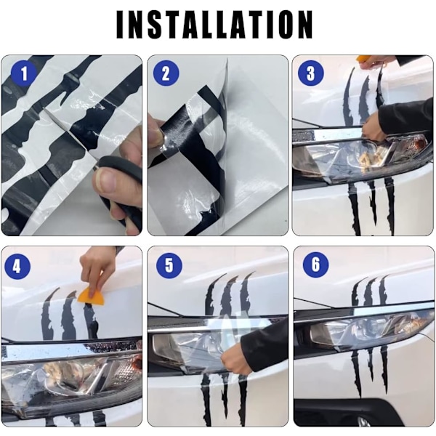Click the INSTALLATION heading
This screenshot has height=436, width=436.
tap(214, 25)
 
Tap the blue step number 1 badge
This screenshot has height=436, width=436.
tap(24, 74)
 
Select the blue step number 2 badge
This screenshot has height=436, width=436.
tap(166, 73)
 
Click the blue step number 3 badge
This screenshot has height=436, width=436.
tap(310, 73)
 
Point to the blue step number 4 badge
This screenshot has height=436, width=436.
tap(17, 267)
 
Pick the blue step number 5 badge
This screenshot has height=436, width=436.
tap(169, 265)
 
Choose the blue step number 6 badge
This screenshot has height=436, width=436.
tap(315, 265)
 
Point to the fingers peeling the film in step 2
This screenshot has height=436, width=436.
tap(156, 134)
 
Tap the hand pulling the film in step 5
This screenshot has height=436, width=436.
tap(235, 361)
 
